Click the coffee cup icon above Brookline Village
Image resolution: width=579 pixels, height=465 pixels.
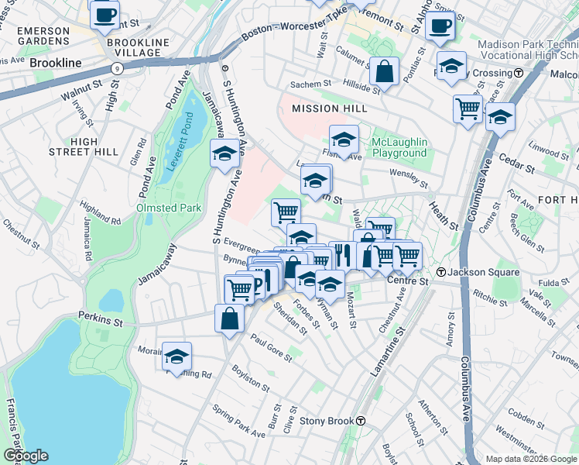coord(104,15)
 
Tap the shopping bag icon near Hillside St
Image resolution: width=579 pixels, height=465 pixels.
coord(384,72)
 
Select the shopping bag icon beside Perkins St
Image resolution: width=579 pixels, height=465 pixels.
coord(229,319)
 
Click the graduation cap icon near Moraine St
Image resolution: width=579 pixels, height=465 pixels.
coord(176,356)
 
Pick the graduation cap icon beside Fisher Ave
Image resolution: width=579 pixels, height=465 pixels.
coord(344,140)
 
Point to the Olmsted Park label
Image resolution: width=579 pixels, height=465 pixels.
coord(169,208)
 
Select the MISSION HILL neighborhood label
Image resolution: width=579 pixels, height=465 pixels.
coord(327,109)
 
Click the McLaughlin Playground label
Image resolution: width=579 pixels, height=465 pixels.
coord(399,147)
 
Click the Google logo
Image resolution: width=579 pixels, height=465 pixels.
coord(25,456)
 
